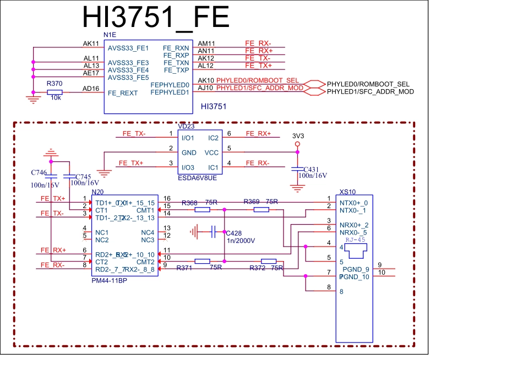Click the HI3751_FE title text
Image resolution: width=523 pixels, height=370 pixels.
(x=155, y=18)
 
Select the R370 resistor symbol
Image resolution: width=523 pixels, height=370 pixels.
(x=55, y=92)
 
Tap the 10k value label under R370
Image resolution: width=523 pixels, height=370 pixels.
(x=55, y=98)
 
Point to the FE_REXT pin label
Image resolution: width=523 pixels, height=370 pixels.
(x=123, y=93)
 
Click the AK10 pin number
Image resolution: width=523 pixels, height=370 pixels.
(x=205, y=80)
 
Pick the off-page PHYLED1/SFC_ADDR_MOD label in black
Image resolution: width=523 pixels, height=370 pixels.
(x=370, y=91)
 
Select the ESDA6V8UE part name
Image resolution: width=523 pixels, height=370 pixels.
(x=197, y=178)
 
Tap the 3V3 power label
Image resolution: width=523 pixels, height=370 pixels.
(x=298, y=135)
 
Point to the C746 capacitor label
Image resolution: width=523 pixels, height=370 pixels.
(x=39, y=173)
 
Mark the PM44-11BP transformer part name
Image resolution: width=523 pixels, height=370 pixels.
(x=109, y=280)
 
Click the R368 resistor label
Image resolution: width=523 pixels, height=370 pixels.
(x=189, y=203)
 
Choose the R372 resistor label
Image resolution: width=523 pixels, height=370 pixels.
(x=257, y=268)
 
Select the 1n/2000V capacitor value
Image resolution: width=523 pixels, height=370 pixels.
(x=241, y=241)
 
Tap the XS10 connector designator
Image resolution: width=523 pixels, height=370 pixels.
(x=347, y=192)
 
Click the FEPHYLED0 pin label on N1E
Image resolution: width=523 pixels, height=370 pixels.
(x=170, y=85)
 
